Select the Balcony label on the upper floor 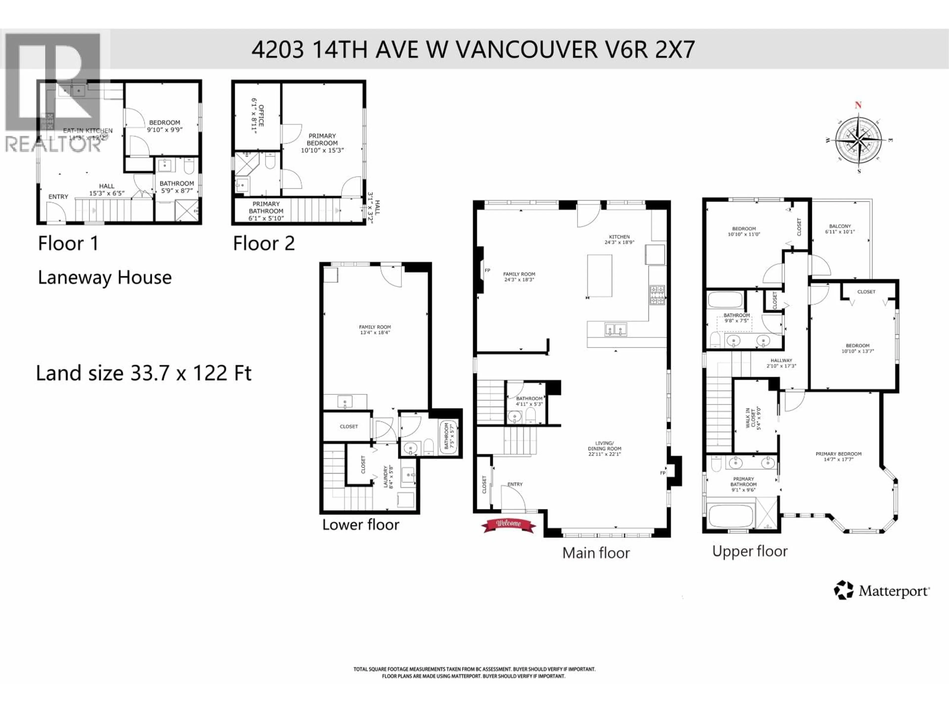[840, 226]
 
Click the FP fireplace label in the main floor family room [487, 270]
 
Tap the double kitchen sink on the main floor [616, 330]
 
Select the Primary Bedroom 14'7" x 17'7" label [838, 456]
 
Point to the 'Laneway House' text [105, 278]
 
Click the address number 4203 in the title [278, 50]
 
